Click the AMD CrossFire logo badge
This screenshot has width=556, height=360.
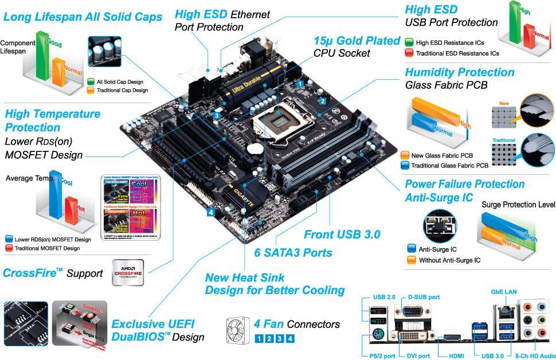(128, 272)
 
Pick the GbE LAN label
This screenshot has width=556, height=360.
(504, 292)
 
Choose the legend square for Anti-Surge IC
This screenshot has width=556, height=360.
(410, 249)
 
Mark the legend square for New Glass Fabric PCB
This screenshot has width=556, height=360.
(405, 155)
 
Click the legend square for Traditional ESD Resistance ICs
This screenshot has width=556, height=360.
(409, 53)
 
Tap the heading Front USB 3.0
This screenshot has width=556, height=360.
(342, 234)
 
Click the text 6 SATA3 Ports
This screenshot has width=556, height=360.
(293, 252)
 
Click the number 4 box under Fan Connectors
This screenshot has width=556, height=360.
(291, 338)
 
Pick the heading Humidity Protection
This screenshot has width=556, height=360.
(459, 72)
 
